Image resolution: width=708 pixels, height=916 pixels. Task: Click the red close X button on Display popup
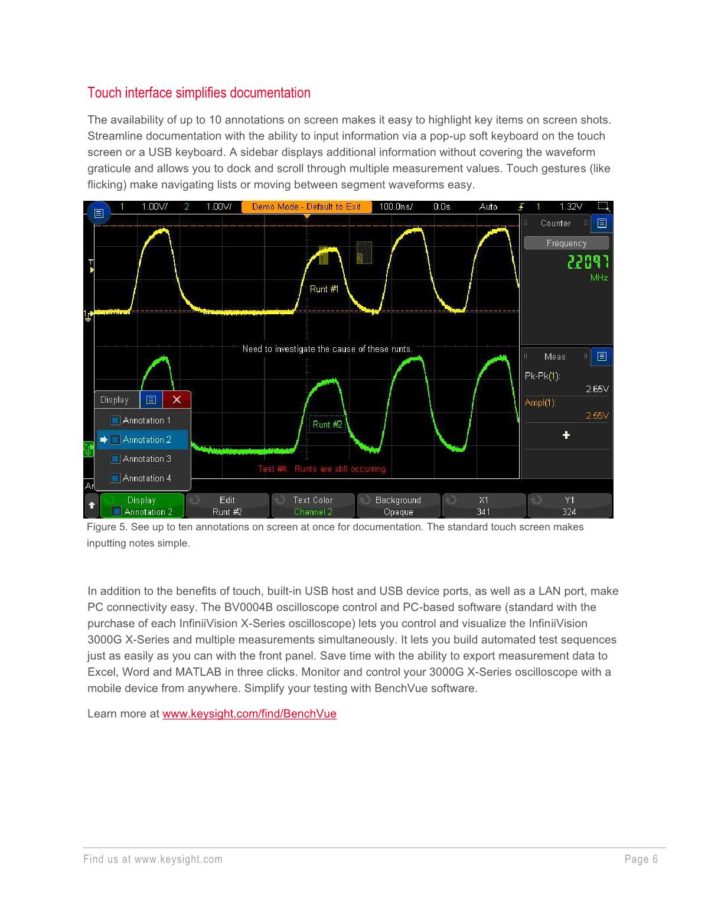(177, 400)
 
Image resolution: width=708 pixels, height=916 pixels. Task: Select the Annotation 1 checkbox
(116, 420)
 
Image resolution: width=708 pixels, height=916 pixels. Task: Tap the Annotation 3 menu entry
(146, 459)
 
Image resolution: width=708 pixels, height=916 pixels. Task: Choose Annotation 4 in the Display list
(146, 478)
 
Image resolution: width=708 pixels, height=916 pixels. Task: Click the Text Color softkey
(313, 506)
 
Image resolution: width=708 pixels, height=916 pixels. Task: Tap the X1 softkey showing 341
(484, 506)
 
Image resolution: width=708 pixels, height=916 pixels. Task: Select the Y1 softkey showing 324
(569, 506)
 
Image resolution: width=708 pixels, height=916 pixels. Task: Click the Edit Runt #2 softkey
(227, 506)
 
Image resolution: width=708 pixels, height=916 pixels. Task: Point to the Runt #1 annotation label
(324, 289)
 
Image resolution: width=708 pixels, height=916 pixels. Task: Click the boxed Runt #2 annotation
(327, 424)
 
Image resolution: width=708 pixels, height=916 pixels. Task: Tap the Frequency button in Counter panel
(566, 243)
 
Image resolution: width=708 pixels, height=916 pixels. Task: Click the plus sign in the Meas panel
(566, 435)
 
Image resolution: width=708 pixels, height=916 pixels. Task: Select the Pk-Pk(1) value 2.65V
(597, 389)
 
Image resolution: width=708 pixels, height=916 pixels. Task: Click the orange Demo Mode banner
(306, 207)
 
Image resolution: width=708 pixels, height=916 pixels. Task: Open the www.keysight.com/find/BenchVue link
(249, 713)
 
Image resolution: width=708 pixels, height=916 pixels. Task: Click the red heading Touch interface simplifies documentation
(198, 93)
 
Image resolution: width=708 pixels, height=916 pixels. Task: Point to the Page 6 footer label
(641, 859)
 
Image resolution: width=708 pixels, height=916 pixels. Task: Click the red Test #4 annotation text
(322, 469)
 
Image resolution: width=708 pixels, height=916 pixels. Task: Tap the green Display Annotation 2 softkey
(142, 506)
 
